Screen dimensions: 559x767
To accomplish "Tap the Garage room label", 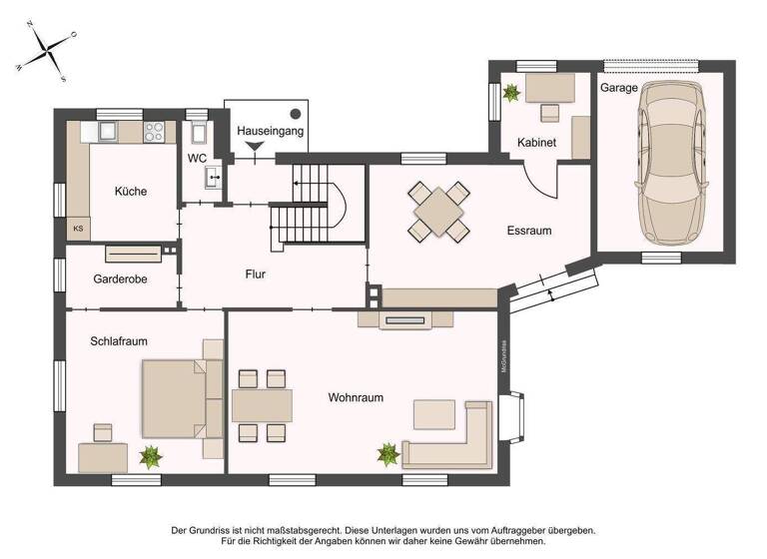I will pyautogui.click(x=618, y=88).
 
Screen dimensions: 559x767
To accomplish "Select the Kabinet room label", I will pyautogui.click(x=536, y=143).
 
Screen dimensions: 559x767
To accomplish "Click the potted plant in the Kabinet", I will pyautogui.click(x=512, y=94).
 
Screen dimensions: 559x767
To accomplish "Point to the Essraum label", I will pyautogui.click(x=528, y=231).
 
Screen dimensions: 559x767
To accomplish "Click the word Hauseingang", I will pyautogui.click(x=270, y=131).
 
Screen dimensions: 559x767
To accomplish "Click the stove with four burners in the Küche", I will pyautogui.click(x=156, y=131).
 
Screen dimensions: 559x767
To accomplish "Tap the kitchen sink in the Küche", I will pyautogui.click(x=108, y=131).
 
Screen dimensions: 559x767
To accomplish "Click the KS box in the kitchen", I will pyautogui.click(x=78, y=229).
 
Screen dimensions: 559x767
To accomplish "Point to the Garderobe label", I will pyautogui.click(x=120, y=279).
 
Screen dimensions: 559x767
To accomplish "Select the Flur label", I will pyautogui.click(x=256, y=273).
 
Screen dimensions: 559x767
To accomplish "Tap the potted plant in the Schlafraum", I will pyautogui.click(x=152, y=457).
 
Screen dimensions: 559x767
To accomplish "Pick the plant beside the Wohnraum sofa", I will pyautogui.click(x=388, y=455).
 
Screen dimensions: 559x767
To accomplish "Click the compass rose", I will pyautogui.click(x=47, y=50).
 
